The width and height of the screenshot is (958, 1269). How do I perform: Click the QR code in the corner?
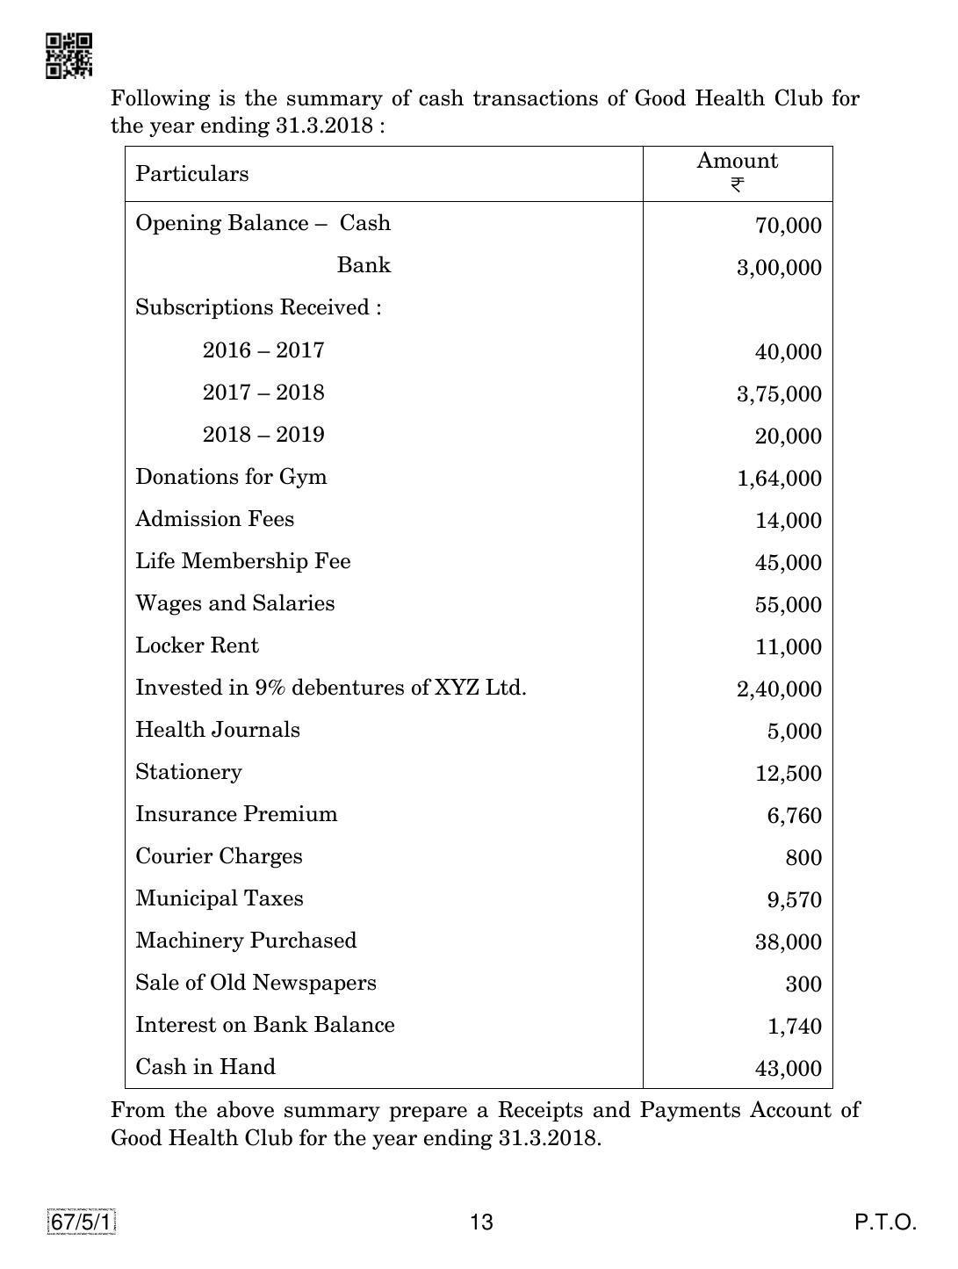point(68,56)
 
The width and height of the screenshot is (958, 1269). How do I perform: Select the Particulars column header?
point(191,174)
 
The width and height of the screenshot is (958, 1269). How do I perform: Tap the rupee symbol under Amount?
point(737,185)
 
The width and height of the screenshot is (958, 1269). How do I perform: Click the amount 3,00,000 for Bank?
point(779,268)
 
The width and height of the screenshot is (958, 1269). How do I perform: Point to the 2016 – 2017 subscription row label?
point(263,350)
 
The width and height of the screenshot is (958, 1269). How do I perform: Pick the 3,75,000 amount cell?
point(779,394)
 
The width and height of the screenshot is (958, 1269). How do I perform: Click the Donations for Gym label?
point(231,477)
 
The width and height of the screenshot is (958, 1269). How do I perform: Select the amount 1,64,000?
point(779,479)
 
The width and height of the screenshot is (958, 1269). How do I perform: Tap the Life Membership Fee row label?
point(242,561)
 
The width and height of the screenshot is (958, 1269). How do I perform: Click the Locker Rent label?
point(197,645)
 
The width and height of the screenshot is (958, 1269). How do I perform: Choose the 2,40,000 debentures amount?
point(779,689)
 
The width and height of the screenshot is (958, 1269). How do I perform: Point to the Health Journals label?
point(217,730)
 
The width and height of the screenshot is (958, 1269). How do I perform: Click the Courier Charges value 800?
point(803,858)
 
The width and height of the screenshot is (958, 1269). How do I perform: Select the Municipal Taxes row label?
point(219,898)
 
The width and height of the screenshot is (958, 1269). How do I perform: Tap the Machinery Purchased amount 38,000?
point(788,942)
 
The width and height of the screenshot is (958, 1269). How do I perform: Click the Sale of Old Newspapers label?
point(256,983)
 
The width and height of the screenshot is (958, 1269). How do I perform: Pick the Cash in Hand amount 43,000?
point(788,1069)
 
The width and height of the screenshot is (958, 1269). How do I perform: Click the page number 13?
point(481,1222)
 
